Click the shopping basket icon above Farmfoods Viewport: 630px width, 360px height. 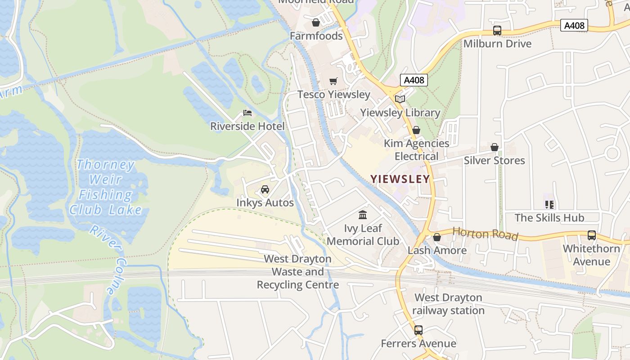tap(316, 22)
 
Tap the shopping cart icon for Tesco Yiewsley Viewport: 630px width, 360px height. tap(333, 81)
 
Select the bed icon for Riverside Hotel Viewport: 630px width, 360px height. tap(247, 113)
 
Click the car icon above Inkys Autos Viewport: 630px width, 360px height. tap(265, 189)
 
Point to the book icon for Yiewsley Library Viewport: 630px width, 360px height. tap(400, 99)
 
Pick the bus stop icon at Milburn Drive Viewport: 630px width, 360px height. tap(497, 31)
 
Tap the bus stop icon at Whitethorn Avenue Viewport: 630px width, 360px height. tap(591, 235)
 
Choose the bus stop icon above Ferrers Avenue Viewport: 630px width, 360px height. tap(418, 330)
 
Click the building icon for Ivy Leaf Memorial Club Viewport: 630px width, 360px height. tap(363, 215)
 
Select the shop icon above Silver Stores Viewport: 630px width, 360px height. tap(494, 147)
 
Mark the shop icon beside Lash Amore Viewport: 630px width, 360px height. tap(436, 237)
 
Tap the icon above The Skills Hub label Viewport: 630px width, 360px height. tap(549, 205)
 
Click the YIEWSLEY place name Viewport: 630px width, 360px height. tap(400, 179)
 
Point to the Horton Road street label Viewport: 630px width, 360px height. tap(485, 234)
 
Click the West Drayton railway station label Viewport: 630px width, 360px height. tap(448, 304)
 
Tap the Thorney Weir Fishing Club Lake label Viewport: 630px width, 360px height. tap(105, 187)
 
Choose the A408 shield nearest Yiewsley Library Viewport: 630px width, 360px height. tap(413, 80)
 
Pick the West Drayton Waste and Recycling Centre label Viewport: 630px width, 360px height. tap(297, 272)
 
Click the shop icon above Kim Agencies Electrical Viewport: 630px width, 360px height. tap(416, 130)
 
